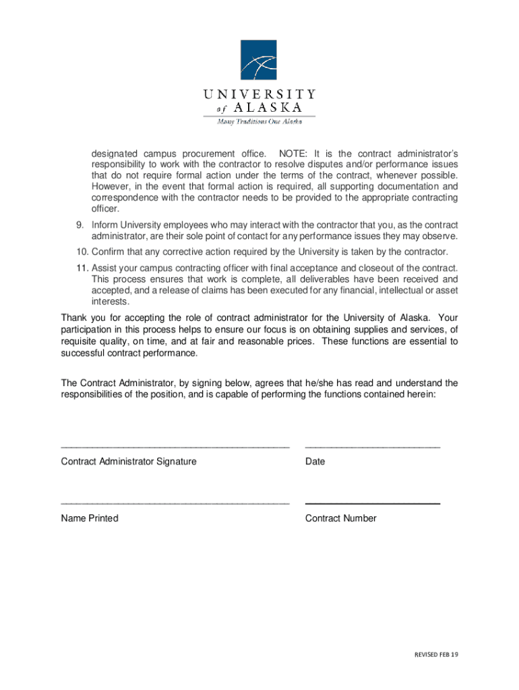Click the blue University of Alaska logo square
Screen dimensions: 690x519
pyautogui.click(x=259, y=60)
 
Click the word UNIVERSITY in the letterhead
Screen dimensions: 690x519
pyautogui.click(x=259, y=94)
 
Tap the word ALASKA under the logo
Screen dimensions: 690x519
pyautogui.click(x=268, y=108)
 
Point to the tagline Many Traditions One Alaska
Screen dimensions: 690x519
pyautogui.click(x=259, y=121)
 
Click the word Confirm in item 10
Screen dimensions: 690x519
pyautogui.click(x=110, y=251)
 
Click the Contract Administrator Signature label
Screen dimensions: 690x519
pyautogui.click(x=129, y=462)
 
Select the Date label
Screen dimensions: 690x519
pyautogui.click(x=315, y=462)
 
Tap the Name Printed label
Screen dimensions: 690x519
pyautogui.click(x=90, y=518)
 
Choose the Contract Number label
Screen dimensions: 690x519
pyautogui.click(x=340, y=518)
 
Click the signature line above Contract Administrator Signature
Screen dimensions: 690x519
pyautogui.click(x=175, y=447)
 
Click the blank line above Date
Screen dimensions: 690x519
pyautogui.click(x=372, y=447)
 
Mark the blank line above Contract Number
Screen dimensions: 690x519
pyautogui.click(x=372, y=503)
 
